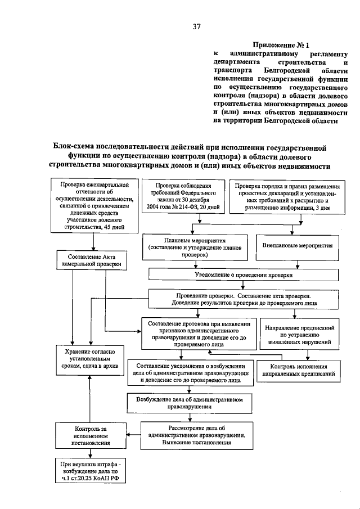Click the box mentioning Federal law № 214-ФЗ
pyautogui.click(x=183, y=197)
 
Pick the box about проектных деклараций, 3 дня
pyautogui.click(x=290, y=197)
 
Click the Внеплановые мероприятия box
pyautogui.click(x=298, y=246)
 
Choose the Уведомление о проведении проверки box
pyautogui.click(x=243, y=274)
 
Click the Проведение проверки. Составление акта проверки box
pyautogui.click(x=243, y=299)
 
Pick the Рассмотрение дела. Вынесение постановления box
pyautogui.click(x=197, y=435)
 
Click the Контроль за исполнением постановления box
pyautogui.click(x=89, y=435)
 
